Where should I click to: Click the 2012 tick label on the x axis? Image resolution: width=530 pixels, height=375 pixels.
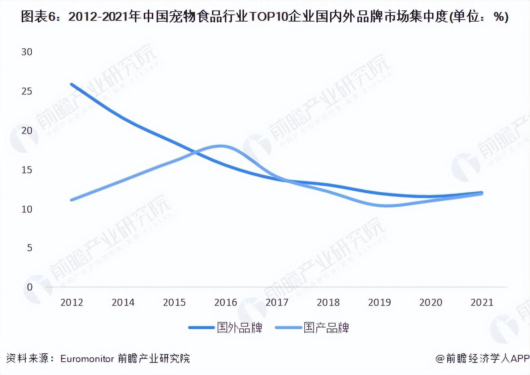point(71,302)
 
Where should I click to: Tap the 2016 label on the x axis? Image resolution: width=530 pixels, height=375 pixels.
point(226,302)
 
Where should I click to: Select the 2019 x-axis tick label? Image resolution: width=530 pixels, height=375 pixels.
point(379,302)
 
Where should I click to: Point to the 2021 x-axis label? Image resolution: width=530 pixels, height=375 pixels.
point(482,302)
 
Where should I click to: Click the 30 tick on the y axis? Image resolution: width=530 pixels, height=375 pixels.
point(27,52)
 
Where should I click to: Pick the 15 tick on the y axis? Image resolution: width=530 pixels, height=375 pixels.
point(27,170)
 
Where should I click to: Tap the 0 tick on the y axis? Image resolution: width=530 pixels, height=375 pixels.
point(30,287)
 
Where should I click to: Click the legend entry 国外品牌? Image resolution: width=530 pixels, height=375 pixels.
point(239,328)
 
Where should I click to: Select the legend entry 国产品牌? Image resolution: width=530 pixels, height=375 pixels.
point(326,328)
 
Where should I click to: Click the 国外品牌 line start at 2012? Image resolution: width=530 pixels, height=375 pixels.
point(72,84)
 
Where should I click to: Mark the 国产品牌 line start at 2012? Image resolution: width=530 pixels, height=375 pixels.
point(72,200)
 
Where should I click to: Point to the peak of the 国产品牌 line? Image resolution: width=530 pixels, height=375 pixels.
point(221,146)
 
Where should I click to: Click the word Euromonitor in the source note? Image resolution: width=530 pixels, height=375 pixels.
point(87,359)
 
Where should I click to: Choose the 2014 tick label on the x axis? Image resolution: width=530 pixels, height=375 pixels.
point(123,302)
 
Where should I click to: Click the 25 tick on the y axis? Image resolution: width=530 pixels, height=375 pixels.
point(27,91)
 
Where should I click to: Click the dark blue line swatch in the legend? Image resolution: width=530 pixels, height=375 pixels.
point(202,328)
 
